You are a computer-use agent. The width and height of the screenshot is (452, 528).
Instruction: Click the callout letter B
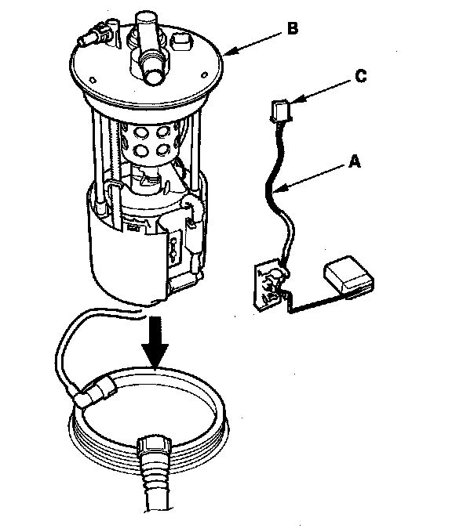pos(293,28)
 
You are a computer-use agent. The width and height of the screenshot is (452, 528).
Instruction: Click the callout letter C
pos(361,77)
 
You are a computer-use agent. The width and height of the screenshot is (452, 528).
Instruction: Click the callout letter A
pos(354,162)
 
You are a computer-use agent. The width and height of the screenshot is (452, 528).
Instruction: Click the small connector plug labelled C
pos(280,110)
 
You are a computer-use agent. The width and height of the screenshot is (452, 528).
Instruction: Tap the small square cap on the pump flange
pos(181,41)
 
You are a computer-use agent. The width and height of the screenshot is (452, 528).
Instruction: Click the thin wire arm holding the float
pos(314,303)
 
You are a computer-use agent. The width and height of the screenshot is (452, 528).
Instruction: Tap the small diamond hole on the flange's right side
pos(204,75)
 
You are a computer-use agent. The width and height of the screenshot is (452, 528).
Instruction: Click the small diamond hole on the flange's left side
pos(93,80)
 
